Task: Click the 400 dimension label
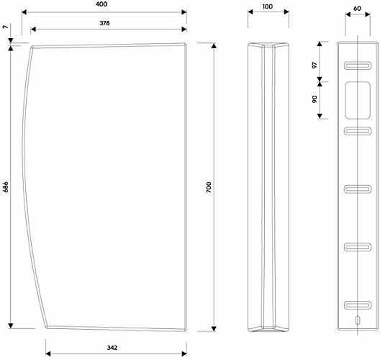point(101,4)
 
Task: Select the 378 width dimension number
point(104,23)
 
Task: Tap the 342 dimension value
point(112,348)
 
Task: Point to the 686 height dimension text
point(5,187)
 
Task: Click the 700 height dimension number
point(209,187)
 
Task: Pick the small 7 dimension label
point(5,27)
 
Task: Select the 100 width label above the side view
point(268,6)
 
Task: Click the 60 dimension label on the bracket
point(358,9)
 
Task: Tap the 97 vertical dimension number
point(315,65)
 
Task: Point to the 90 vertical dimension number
point(315,99)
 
